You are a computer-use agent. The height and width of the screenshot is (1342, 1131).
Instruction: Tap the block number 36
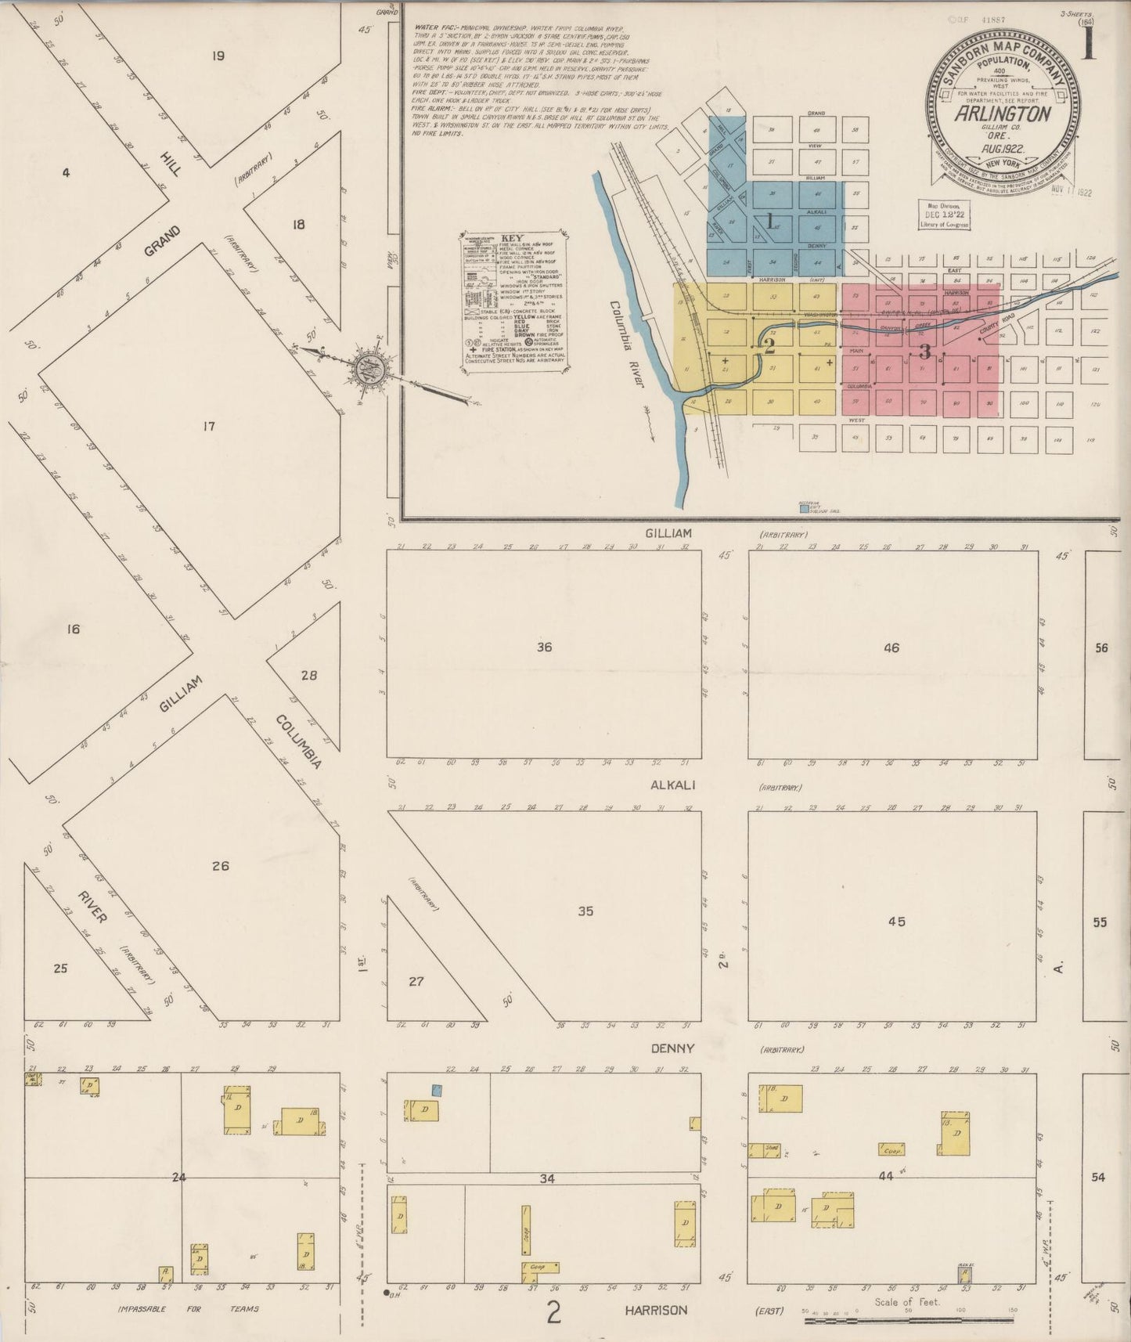(x=544, y=647)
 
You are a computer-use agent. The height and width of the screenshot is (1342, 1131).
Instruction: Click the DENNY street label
(x=668, y=1048)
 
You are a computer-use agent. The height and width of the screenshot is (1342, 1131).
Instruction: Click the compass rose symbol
(x=366, y=370)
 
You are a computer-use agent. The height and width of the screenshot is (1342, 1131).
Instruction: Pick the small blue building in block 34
(x=438, y=1089)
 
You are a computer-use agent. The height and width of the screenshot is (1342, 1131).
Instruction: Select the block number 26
(x=220, y=865)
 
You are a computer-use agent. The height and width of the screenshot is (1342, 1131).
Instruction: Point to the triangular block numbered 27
(x=416, y=980)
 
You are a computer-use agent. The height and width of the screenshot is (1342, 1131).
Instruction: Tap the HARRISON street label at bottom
(x=656, y=1309)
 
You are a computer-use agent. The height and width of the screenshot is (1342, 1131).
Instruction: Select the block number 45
(x=896, y=921)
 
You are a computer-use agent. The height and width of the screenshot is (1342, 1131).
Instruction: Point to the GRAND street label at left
(x=162, y=241)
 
